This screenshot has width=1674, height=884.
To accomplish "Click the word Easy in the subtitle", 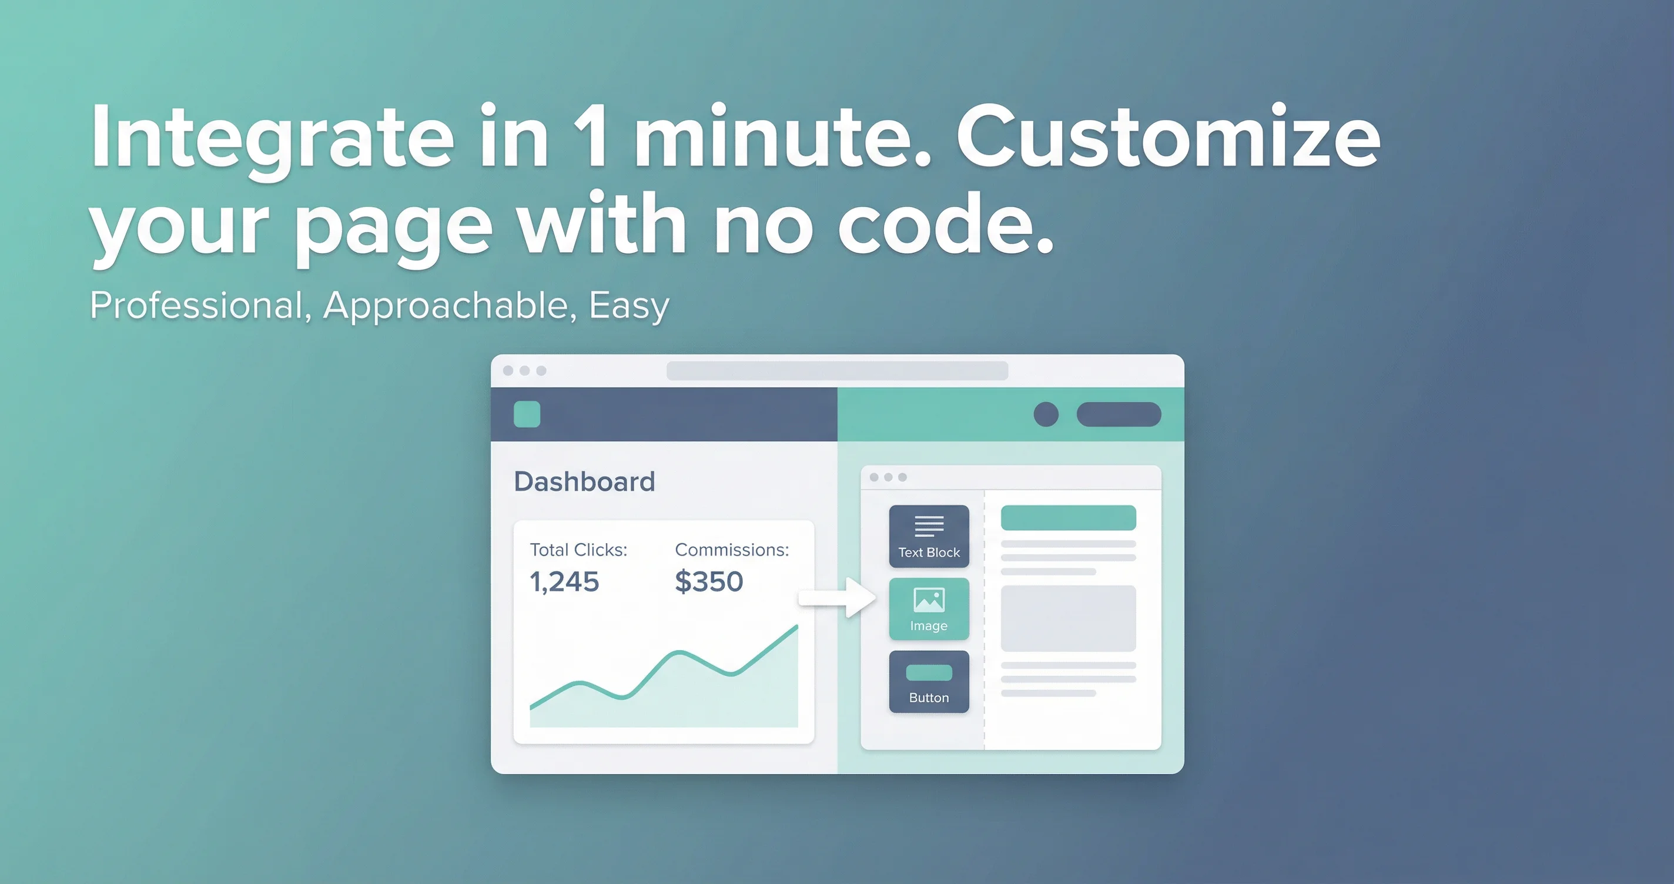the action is [x=628, y=306].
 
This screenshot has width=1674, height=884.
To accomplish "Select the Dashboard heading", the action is [x=584, y=481].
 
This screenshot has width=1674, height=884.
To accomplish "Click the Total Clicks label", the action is [x=578, y=550].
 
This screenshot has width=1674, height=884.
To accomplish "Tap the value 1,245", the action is [x=564, y=582].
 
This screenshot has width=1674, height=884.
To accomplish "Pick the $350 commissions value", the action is [x=709, y=581].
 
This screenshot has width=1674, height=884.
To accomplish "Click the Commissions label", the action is [x=732, y=550].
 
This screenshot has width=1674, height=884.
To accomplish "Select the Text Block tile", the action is [x=929, y=536].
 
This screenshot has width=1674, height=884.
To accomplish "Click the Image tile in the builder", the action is [x=929, y=609].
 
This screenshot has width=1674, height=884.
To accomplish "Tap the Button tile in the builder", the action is [x=929, y=682].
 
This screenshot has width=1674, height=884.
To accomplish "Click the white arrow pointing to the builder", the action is [x=837, y=597].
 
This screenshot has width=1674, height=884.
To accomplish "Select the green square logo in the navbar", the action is [x=527, y=414].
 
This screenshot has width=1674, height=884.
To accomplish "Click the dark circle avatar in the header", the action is [x=1046, y=414].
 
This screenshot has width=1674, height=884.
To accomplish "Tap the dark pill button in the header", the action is [x=1119, y=414].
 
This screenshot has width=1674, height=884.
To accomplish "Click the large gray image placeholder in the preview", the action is [x=1069, y=618].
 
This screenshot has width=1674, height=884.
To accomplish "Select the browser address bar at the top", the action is [x=837, y=370].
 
